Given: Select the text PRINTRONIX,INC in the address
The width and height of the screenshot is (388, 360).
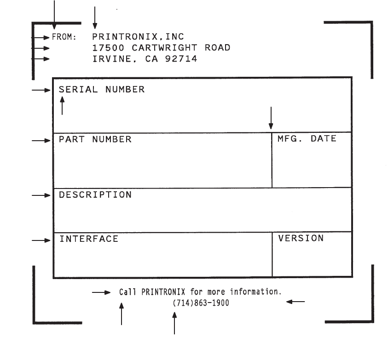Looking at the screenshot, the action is point(138,36).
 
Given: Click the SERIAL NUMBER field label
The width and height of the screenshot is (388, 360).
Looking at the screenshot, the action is point(101,90).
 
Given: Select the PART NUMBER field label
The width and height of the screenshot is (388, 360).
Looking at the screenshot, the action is point(95,139).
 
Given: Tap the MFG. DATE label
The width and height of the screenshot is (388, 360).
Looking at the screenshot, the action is point(307,138).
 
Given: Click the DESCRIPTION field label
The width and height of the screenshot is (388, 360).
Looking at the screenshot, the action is point(95,195).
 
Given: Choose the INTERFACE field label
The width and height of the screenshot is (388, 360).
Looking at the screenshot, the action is point(88,239).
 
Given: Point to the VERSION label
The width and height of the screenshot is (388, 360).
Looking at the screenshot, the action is point(301,238).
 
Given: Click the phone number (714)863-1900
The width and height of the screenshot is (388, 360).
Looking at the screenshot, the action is point(201,303).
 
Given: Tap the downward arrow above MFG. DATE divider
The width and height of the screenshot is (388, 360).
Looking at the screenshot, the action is point(271,118).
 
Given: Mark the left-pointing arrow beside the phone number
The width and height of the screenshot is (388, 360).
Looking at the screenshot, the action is point(295,302).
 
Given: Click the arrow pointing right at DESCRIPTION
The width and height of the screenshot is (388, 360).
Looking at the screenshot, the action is point(41,195).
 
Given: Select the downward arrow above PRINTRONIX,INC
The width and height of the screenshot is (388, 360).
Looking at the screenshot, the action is point(94,17).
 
